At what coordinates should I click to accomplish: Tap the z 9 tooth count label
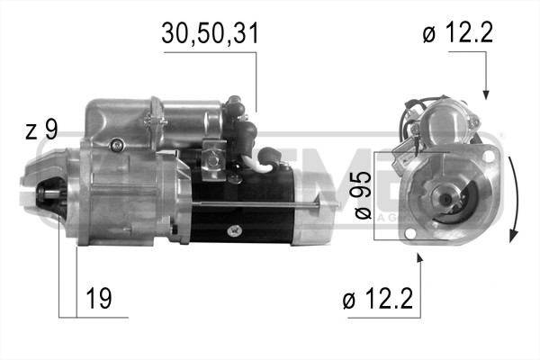(x=40, y=130)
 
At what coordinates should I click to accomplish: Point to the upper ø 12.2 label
(x=456, y=34)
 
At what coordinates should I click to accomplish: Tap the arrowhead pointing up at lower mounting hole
(x=420, y=259)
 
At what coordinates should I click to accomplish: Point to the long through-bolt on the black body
(x=270, y=209)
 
